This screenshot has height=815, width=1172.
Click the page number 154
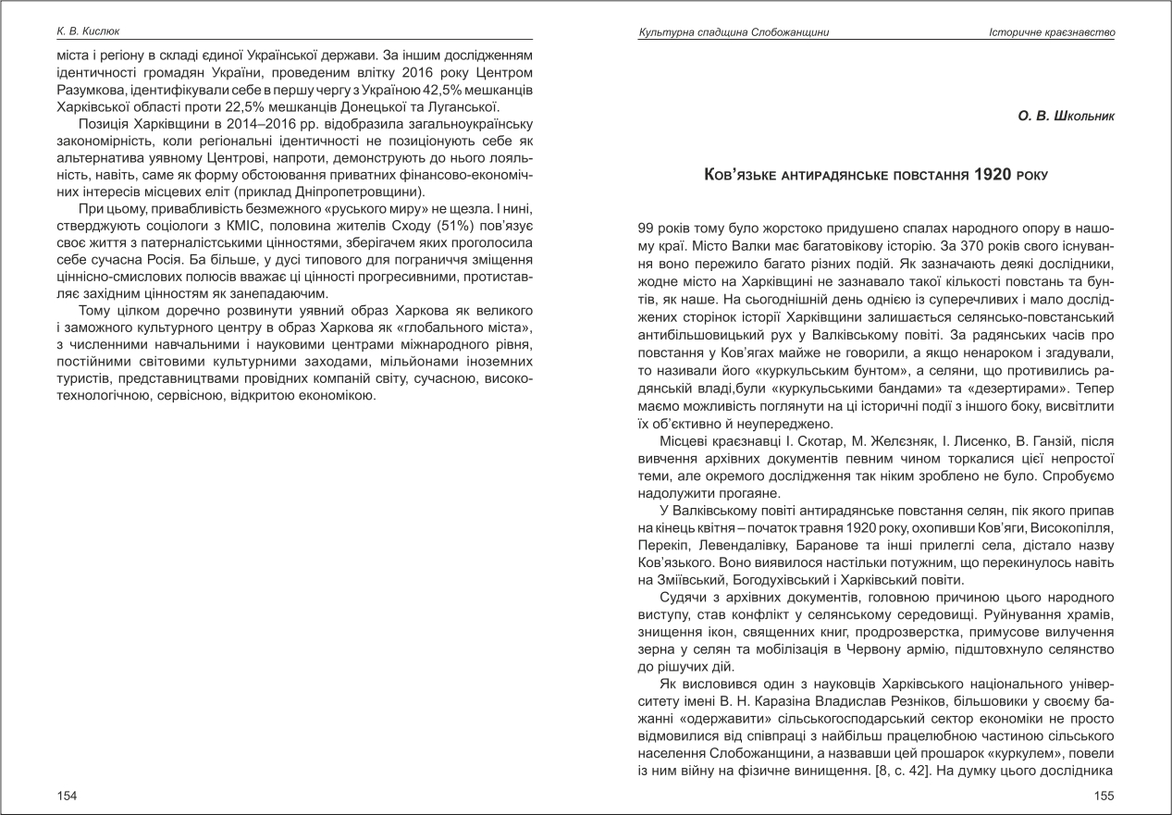point(67,796)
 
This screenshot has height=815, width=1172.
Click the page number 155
point(1104,796)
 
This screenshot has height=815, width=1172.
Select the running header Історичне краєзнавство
point(1051,32)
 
